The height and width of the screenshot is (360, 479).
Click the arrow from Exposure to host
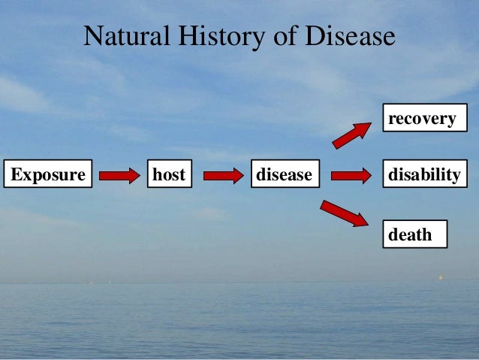(119, 175)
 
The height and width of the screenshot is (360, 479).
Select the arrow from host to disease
(223, 175)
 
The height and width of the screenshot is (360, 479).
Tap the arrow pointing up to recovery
(351, 135)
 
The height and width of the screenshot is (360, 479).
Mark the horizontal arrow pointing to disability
(351, 175)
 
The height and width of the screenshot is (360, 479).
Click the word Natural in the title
(118, 36)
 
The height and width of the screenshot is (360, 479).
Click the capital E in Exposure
(15, 174)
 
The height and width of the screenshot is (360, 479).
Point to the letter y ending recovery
(450, 120)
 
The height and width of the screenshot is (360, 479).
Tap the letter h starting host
(158, 174)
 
